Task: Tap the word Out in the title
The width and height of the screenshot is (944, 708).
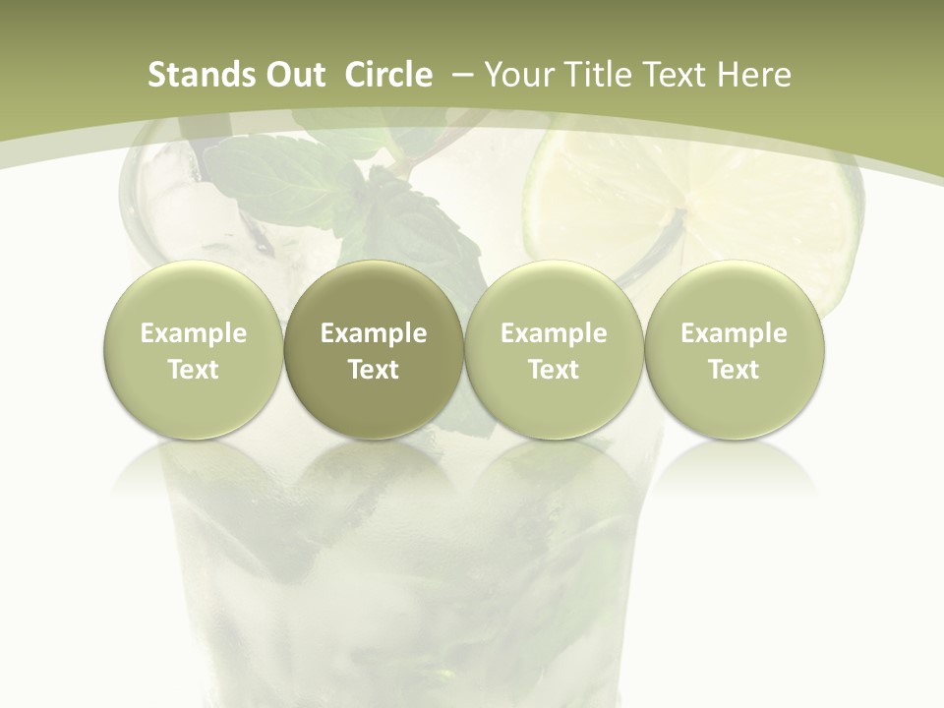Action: pos(293,75)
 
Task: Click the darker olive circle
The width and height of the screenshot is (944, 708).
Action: pos(374,349)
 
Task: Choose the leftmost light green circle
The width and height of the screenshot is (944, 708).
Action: pos(194,349)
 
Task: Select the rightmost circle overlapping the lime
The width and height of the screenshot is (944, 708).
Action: pos(735,349)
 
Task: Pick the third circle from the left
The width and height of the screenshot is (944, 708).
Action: pos(554,349)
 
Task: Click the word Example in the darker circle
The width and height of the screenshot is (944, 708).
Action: pos(374,333)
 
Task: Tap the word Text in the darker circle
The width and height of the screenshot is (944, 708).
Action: pos(374,370)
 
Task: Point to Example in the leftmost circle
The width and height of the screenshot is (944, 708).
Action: pos(194,333)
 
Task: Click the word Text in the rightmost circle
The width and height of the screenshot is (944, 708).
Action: pos(735,370)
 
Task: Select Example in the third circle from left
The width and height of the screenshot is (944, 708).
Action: pos(554,333)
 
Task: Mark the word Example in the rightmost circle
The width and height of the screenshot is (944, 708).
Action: pos(735,333)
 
